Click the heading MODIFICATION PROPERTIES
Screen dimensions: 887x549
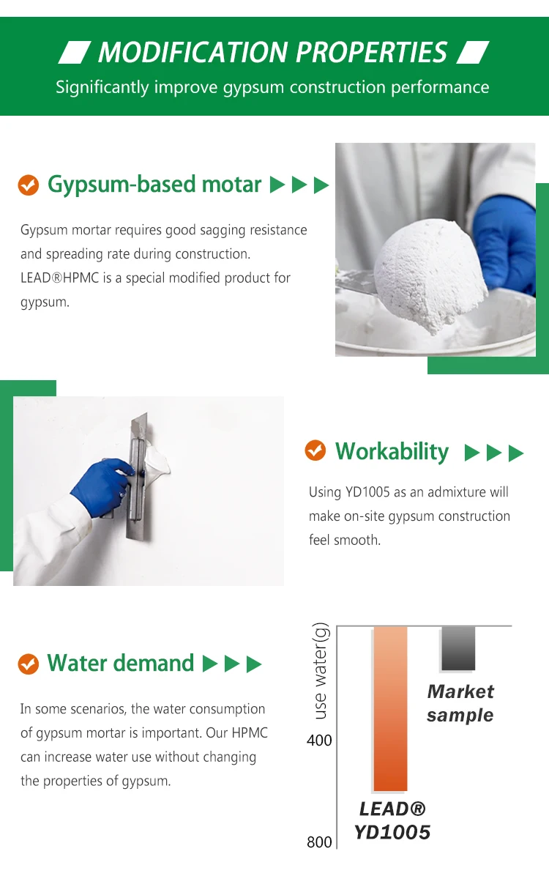[x=272, y=53]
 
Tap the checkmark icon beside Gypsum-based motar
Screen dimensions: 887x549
[x=28, y=185]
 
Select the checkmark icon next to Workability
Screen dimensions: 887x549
[x=315, y=451]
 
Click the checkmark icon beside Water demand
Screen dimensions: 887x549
[x=28, y=664]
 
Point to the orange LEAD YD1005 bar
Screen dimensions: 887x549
[x=390, y=708]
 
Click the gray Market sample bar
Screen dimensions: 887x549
[x=458, y=648]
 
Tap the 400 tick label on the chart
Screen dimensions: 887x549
[x=319, y=741]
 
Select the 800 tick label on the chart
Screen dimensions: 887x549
[x=319, y=842]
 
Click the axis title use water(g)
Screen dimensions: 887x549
[x=320, y=670]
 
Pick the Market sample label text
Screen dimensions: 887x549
[x=460, y=703]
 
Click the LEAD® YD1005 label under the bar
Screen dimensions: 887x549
[x=392, y=820]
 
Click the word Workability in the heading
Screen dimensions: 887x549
[x=392, y=451]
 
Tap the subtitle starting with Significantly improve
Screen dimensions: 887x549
[x=272, y=88]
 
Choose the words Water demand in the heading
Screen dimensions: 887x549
[x=121, y=664]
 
